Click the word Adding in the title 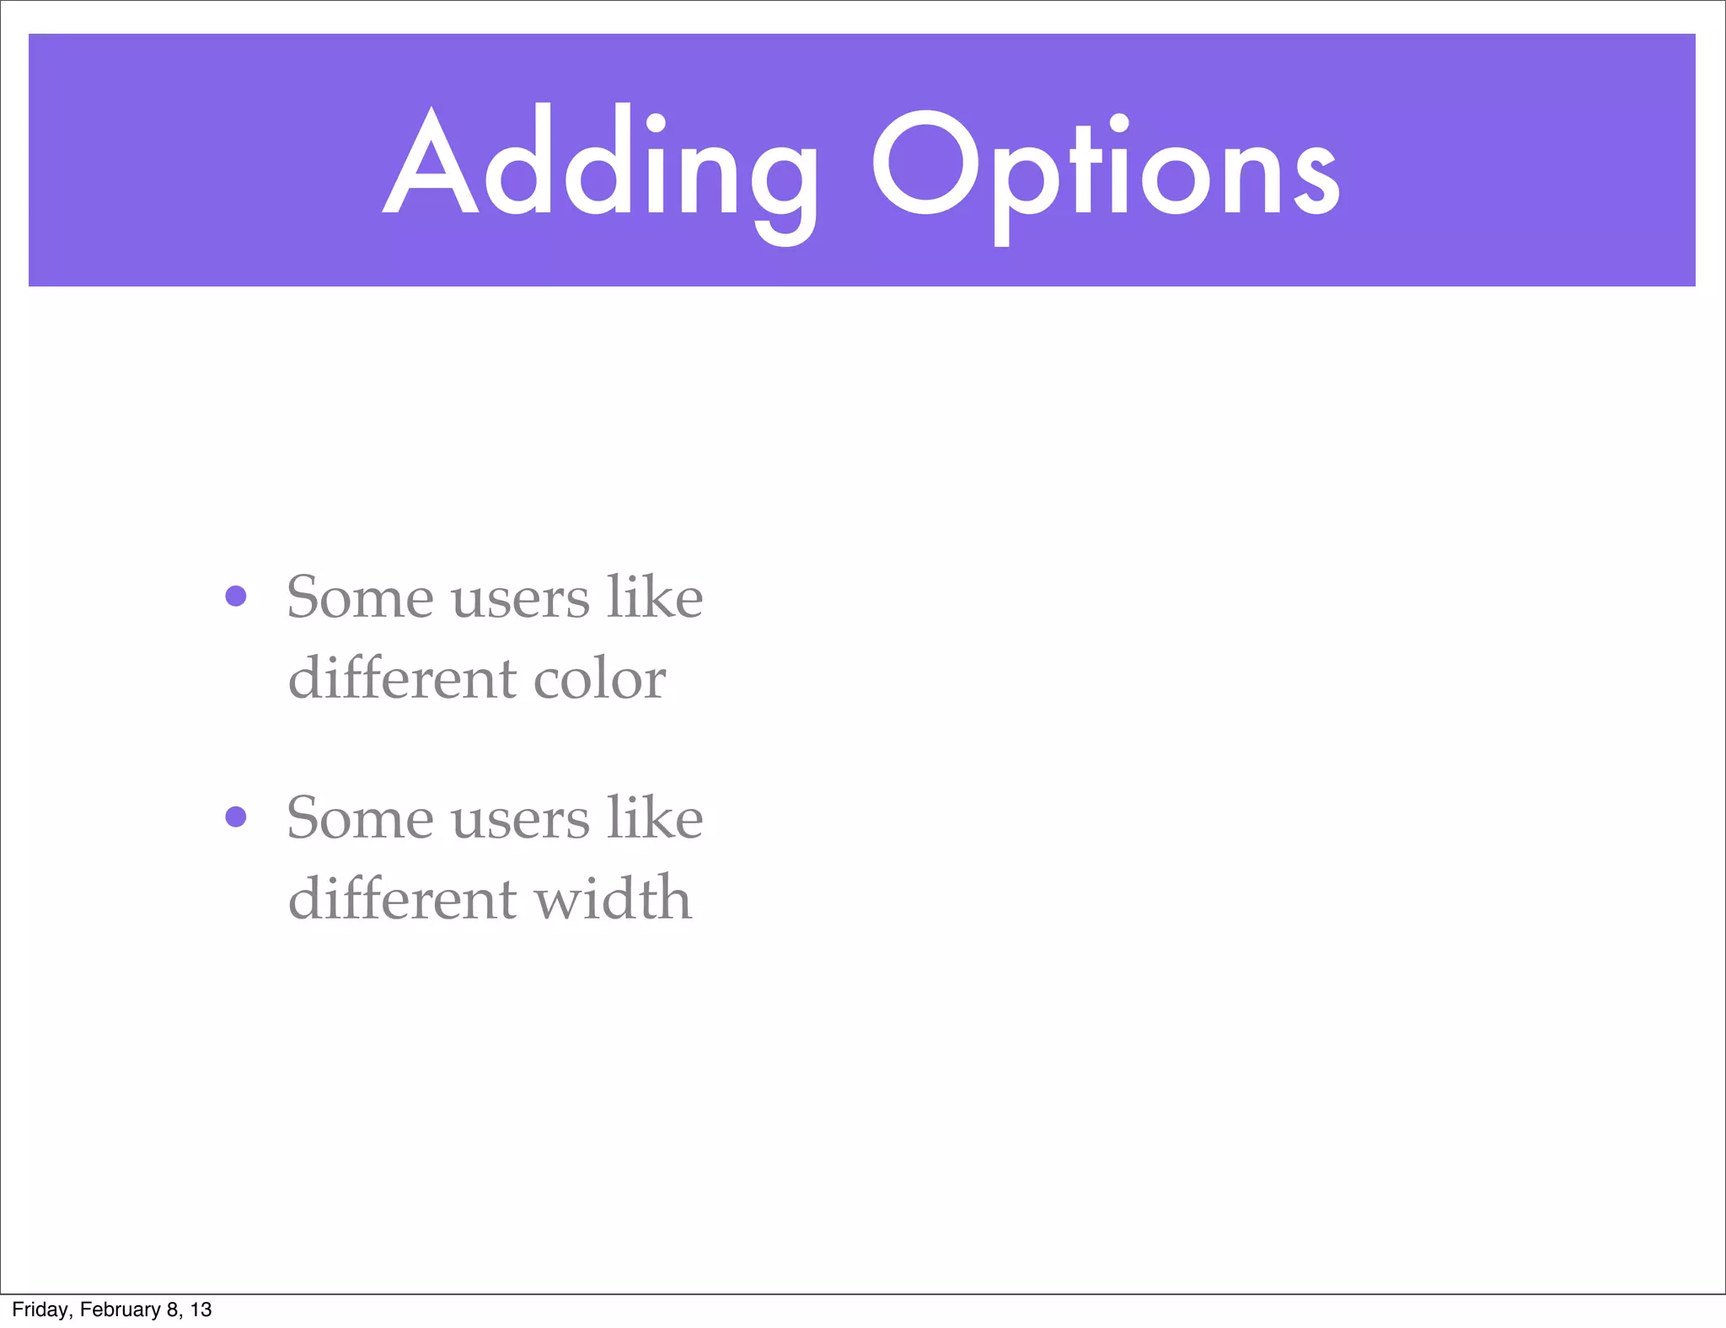coord(600,164)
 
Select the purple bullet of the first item coord(236,597)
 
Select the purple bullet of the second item coord(236,817)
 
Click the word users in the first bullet coord(520,600)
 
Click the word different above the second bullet coord(402,677)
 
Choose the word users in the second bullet coord(520,821)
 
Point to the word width coord(613,898)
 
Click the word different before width coord(402,898)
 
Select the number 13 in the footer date coord(201,1309)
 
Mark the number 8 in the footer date coord(173,1309)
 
